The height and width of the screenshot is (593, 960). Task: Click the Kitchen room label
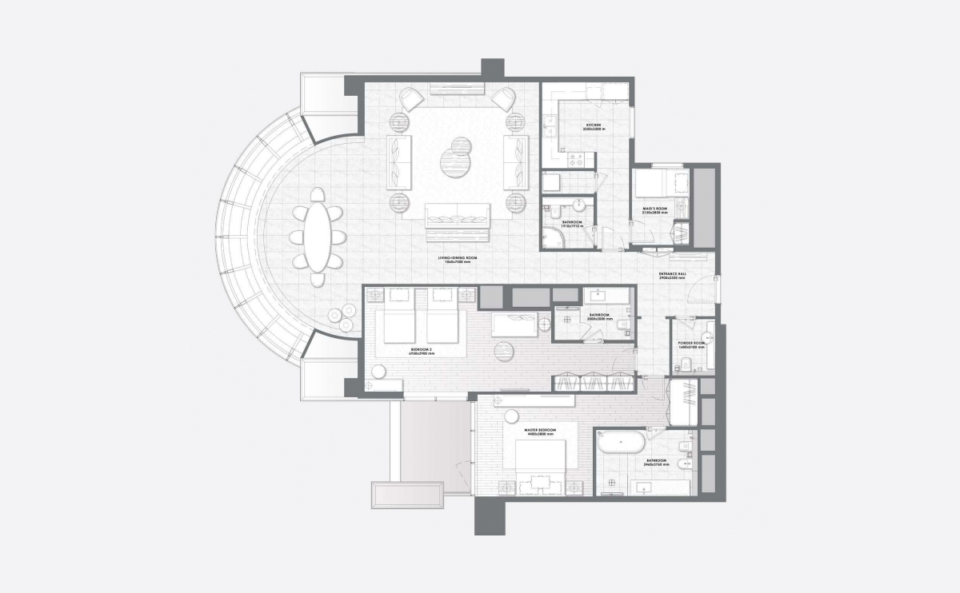(x=593, y=126)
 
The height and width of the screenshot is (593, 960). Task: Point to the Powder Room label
(x=691, y=344)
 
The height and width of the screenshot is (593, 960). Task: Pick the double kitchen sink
(x=550, y=125)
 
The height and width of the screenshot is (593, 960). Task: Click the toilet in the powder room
(x=686, y=364)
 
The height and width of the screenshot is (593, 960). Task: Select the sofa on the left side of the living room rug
(x=399, y=160)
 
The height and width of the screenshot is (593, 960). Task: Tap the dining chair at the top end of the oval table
(x=318, y=195)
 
